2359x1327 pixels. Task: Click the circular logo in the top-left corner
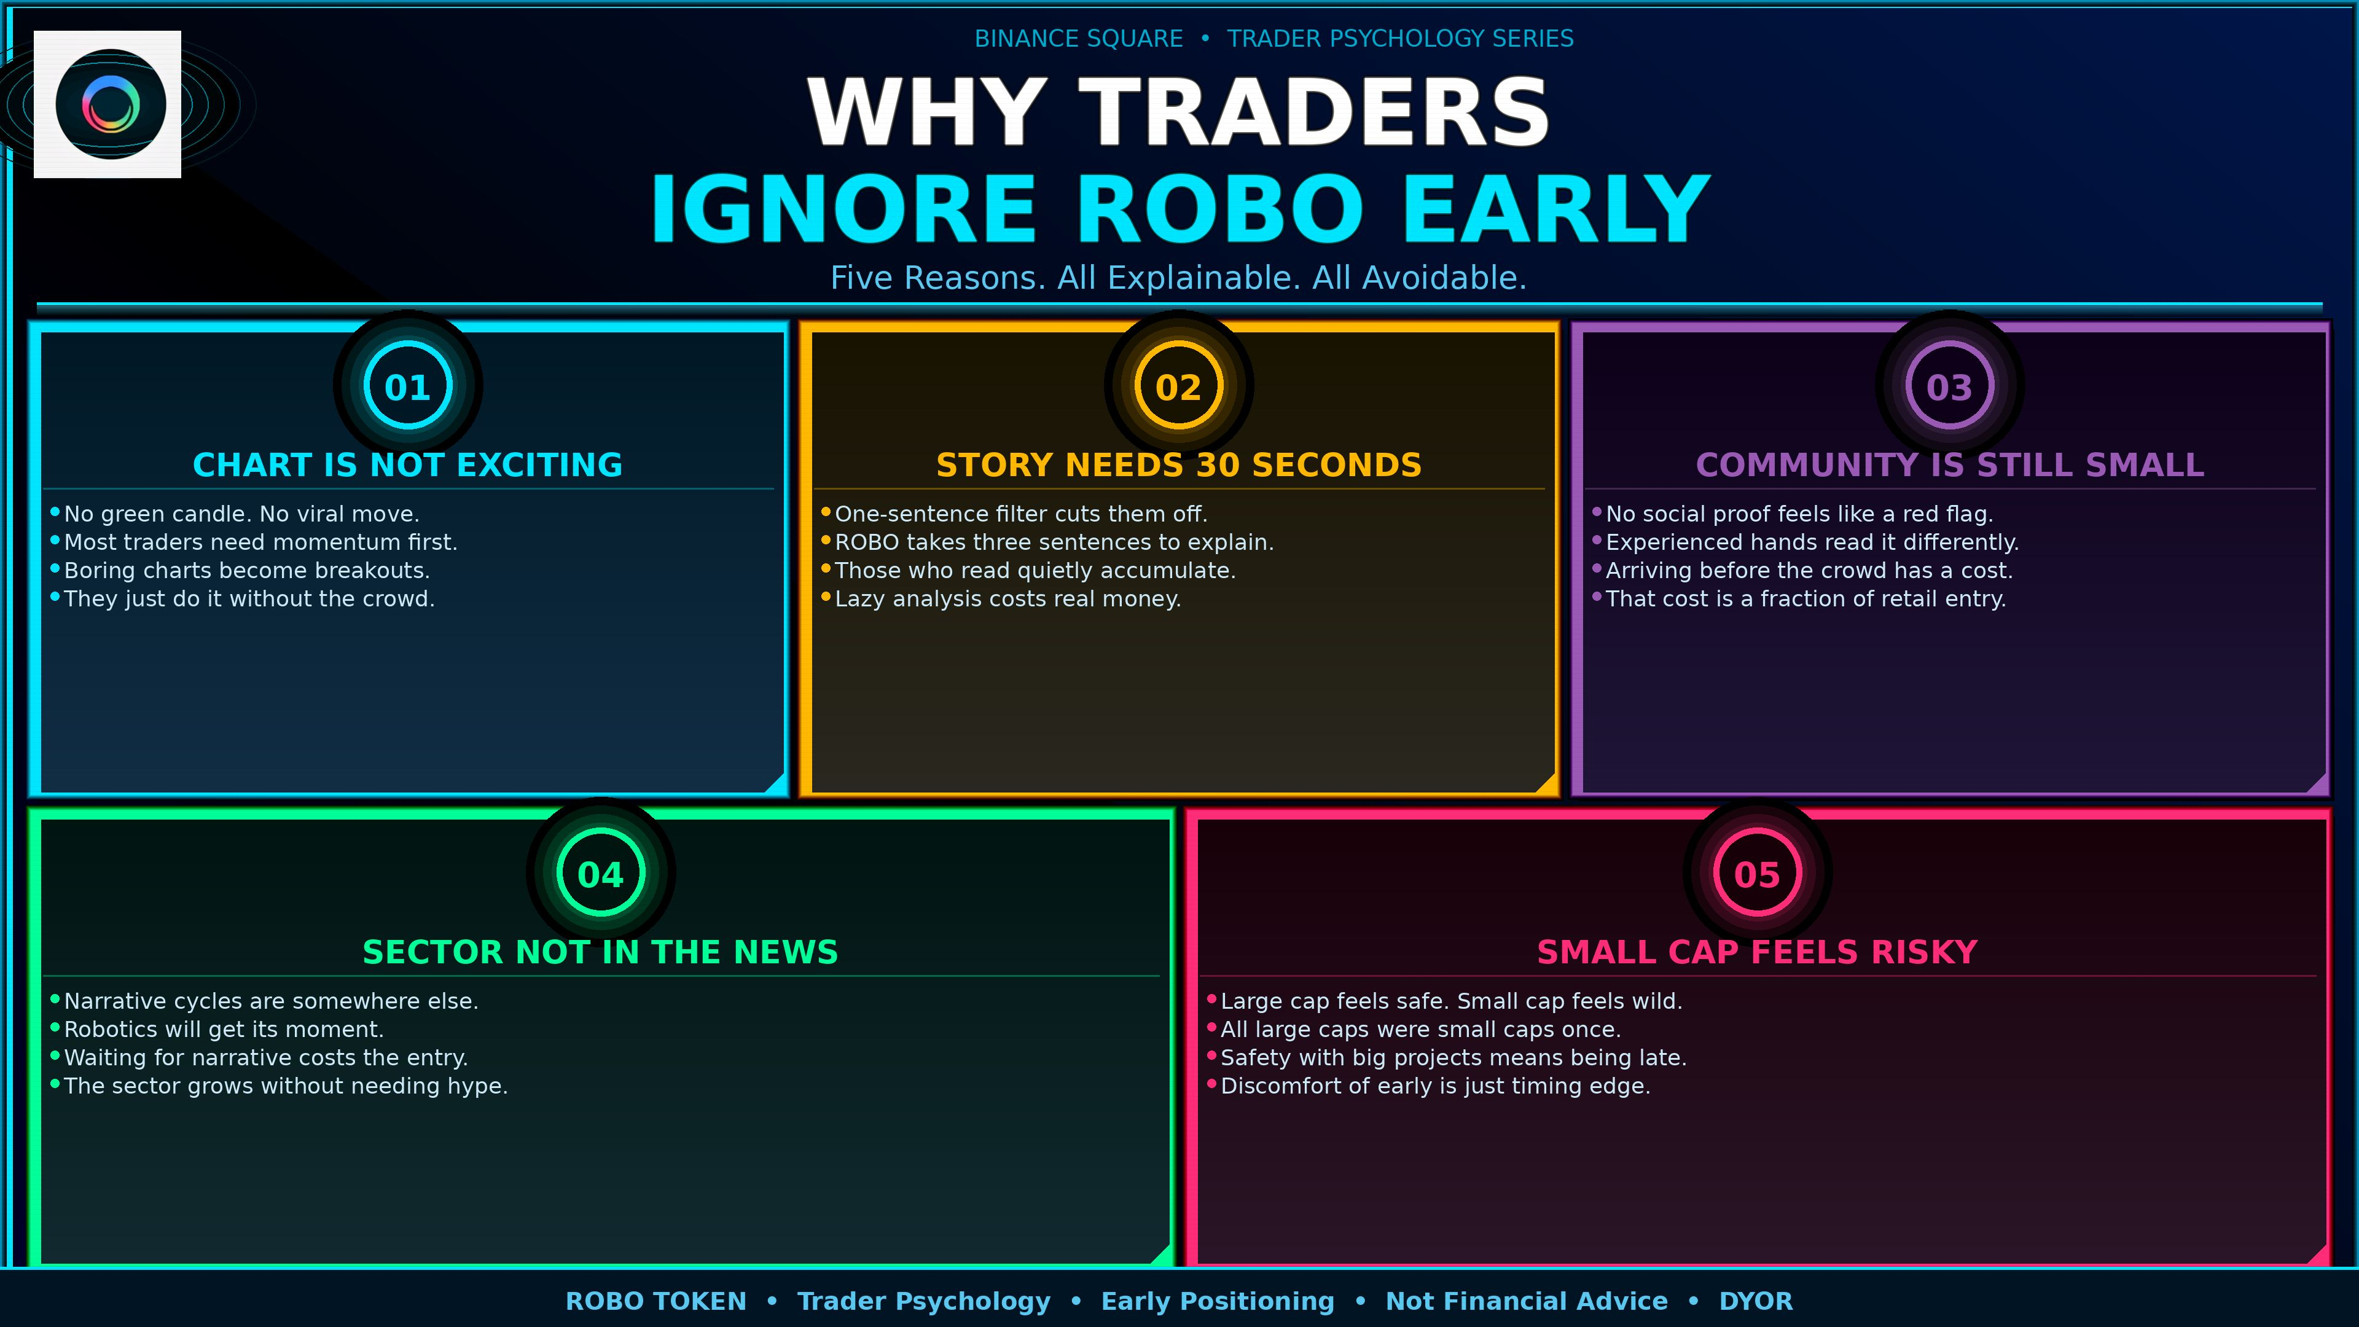pos(110,104)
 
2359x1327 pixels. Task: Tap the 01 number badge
pos(407,386)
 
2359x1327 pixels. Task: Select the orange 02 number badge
pos(1179,386)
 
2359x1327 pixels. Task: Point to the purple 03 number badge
pos(1950,386)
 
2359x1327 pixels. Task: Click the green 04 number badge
pos(601,873)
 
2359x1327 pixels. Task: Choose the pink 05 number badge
pos(1758,873)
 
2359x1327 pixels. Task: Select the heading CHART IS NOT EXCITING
pos(407,464)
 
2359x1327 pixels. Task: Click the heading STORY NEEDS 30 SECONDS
pos(1179,464)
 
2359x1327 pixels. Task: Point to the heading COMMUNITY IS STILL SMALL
pos(1950,464)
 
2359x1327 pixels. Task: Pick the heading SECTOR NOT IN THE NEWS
pos(601,952)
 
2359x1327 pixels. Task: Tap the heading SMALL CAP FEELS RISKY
pos(1758,952)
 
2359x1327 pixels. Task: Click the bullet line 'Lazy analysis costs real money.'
pos(1007,599)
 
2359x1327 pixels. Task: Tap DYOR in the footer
pos(1756,1301)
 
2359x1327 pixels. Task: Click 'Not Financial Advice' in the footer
pos(1527,1301)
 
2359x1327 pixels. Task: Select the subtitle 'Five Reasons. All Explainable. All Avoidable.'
pos(1179,278)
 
